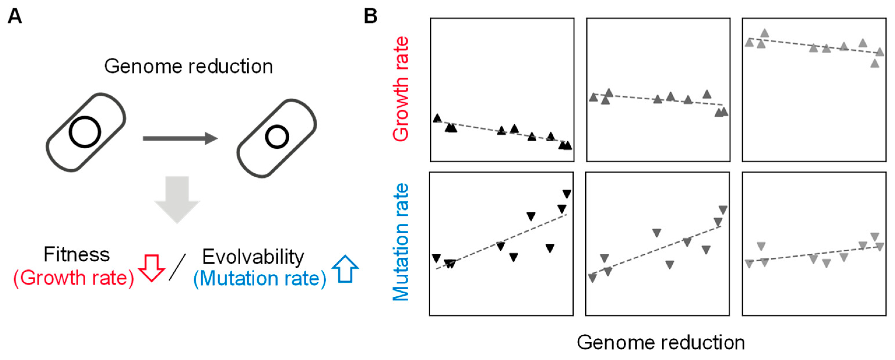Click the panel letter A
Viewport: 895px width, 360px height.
pyautogui.click(x=15, y=16)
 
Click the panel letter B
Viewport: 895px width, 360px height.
pyautogui.click(x=370, y=16)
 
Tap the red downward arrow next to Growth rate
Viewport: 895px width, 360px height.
pyautogui.click(x=151, y=268)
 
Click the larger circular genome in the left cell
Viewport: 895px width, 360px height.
pyautogui.click(x=85, y=132)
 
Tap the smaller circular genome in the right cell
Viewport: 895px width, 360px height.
pyautogui.click(x=277, y=137)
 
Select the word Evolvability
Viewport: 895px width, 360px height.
pyautogui.click(x=253, y=257)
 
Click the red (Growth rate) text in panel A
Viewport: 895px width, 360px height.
pyautogui.click(x=74, y=278)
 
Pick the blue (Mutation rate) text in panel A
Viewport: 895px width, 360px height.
pyautogui.click(x=260, y=279)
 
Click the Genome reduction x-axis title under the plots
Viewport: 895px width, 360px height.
pyautogui.click(x=661, y=343)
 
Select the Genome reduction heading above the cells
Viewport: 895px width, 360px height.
pyautogui.click(x=189, y=66)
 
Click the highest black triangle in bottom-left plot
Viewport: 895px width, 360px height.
pyautogui.click(x=567, y=194)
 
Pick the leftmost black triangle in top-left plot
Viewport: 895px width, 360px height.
pyautogui.click(x=437, y=118)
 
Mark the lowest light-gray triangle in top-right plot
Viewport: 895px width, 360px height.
pyautogui.click(x=875, y=63)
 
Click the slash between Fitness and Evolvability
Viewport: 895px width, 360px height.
pyautogui.click(x=177, y=267)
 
